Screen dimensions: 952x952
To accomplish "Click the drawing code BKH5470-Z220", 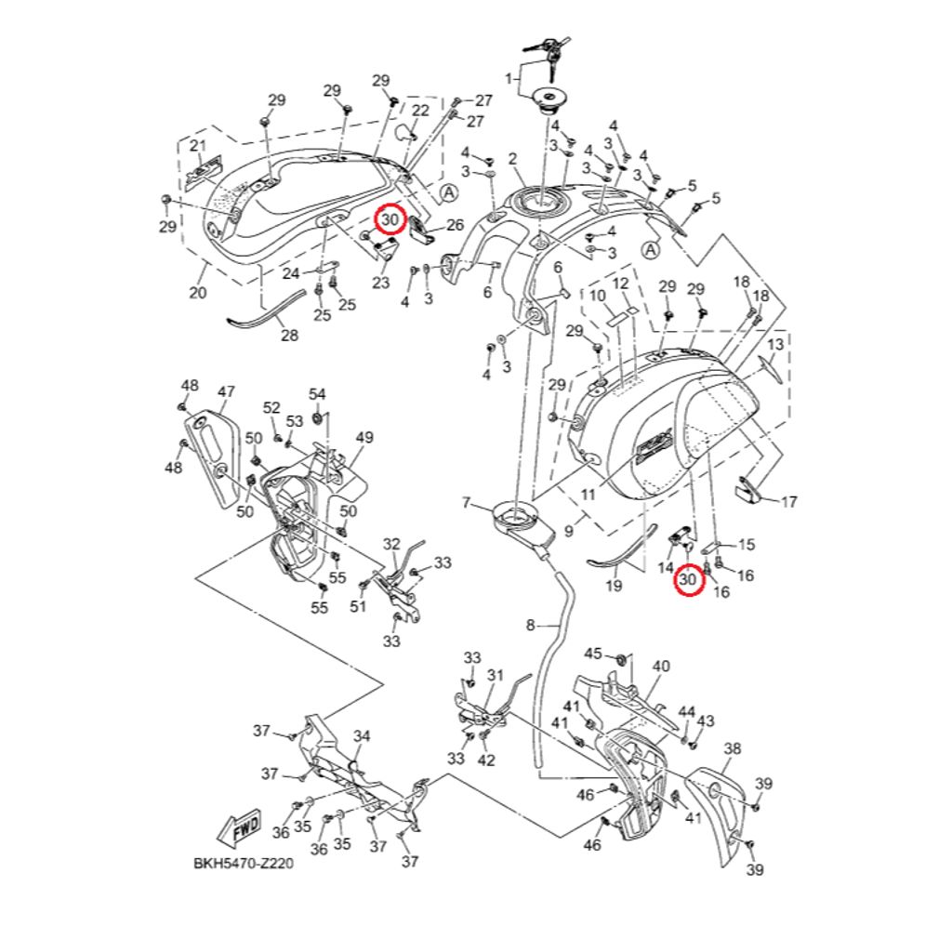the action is [244, 863].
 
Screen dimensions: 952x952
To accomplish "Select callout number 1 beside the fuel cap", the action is [509, 78].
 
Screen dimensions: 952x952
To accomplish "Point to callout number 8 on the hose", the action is [530, 625].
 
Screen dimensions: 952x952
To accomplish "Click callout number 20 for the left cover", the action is [198, 293].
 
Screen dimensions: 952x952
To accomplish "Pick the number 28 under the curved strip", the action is [290, 335].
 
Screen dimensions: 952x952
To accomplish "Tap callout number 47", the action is [227, 391].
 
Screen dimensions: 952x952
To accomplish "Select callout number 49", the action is [364, 437].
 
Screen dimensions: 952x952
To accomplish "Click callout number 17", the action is [788, 502].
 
